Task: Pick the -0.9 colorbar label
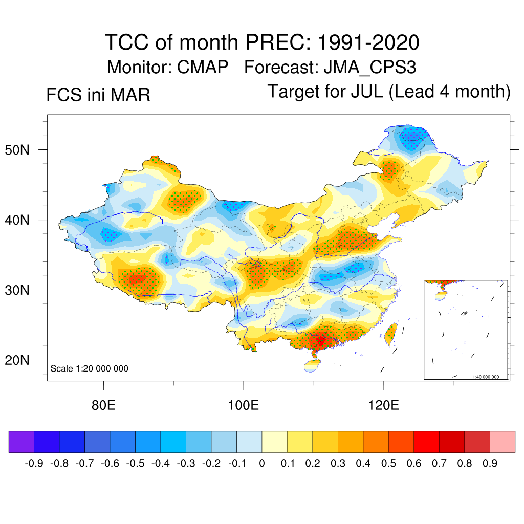tap(34, 464)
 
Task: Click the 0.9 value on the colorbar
tap(490, 464)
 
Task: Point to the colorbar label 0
tap(262, 464)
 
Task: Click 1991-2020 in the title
tap(368, 42)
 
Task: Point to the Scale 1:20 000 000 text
tap(90, 369)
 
